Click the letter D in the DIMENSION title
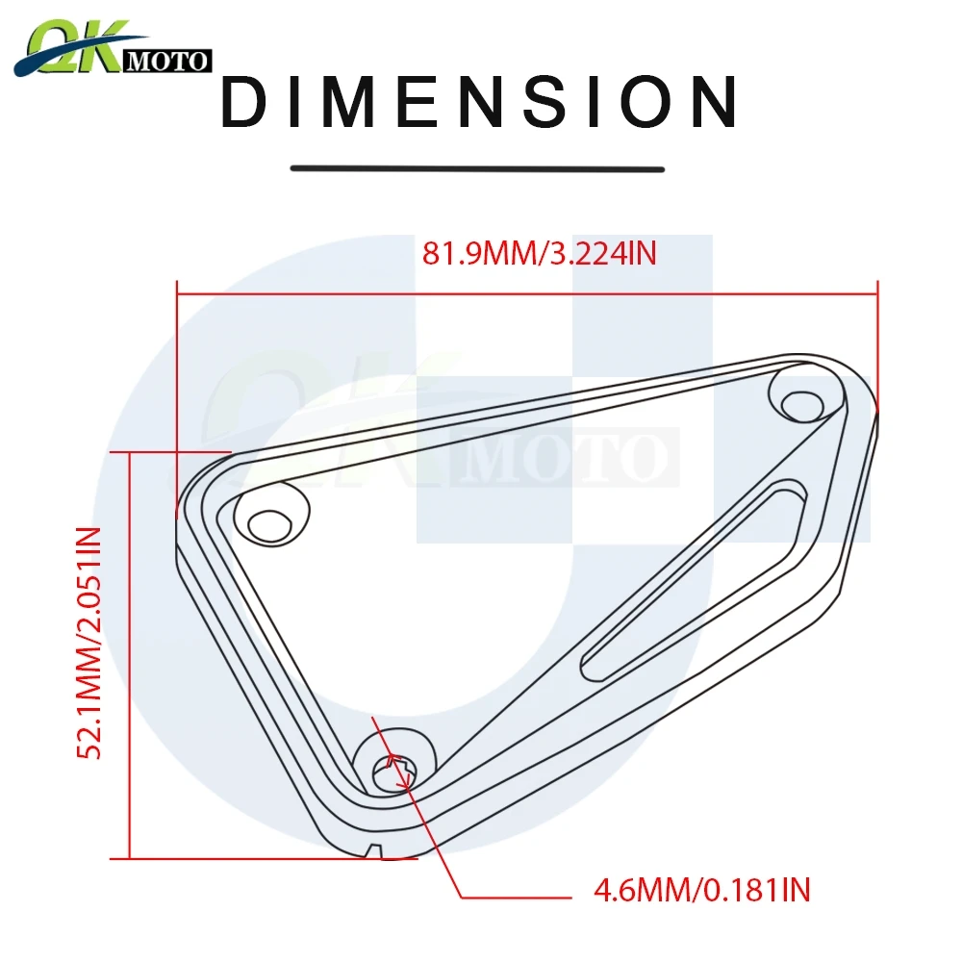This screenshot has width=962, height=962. click(244, 103)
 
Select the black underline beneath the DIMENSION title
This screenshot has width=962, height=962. click(477, 169)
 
